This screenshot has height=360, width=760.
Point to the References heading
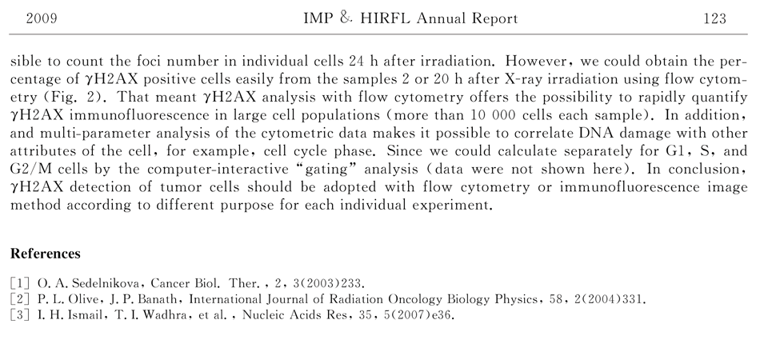[46, 254]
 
